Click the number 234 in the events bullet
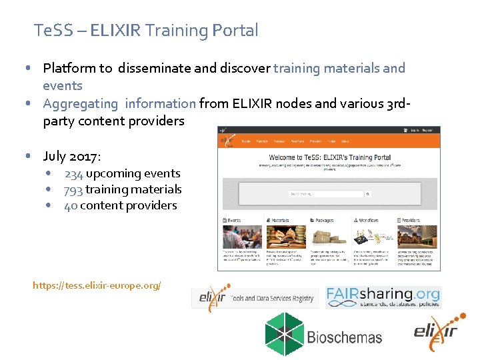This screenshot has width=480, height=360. pyautogui.click(x=74, y=173)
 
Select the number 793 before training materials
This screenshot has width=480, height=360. pyautogui.click(x=73, y=189)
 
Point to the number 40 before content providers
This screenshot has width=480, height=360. pyautogui.click(x=71, y=205)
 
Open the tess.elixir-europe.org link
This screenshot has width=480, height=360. pyautogui.click(x=97, y=285)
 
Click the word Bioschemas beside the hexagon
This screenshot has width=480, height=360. pyautogui.click(x=345, y=336)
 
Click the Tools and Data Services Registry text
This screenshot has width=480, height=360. pyautogui.click(x=272, y=299)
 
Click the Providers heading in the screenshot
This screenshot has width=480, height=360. pyautogui.click(x=411, y=220)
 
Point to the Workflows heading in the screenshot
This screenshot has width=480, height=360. pyautogui.click(x=367, y=220)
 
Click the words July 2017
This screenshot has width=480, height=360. pyautogui.click(x=72, y=157)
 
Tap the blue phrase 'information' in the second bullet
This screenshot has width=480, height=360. pyautogui.click(x=161, y=103)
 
